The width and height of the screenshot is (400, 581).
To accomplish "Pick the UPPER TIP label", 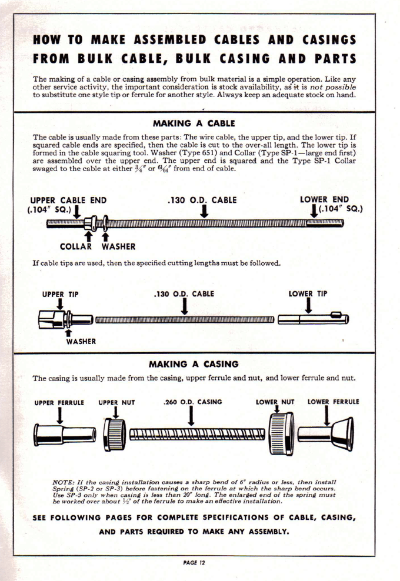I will point(61,293).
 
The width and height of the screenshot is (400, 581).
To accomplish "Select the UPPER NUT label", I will point(116,402).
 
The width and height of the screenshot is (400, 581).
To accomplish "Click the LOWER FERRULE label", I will point(334,402).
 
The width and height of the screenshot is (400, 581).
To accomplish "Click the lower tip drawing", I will point(313,319).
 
